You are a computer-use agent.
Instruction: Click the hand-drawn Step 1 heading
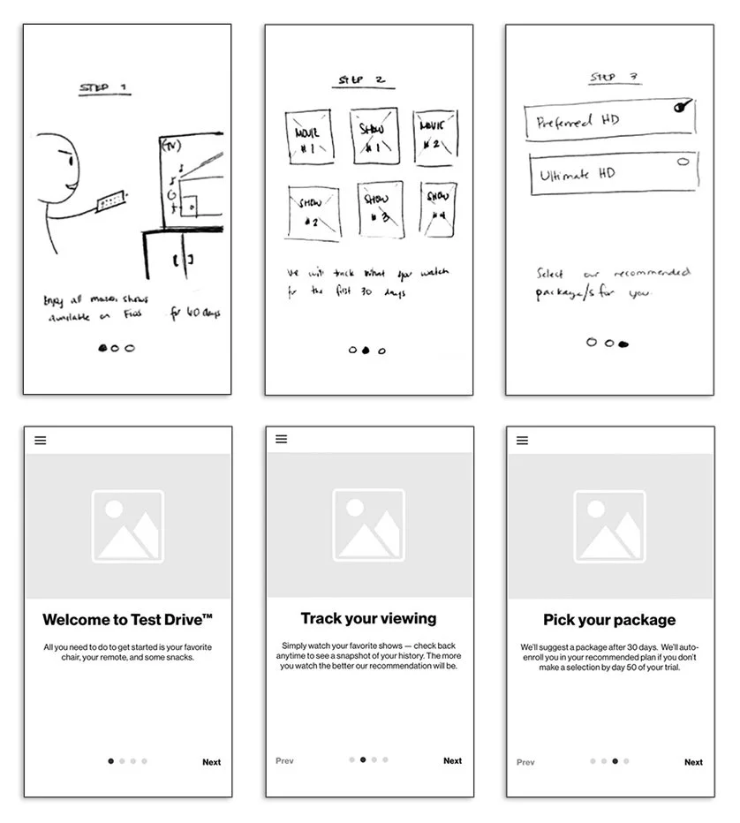103,88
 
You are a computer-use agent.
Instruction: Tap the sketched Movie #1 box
307,136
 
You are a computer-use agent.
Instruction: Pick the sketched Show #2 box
313,212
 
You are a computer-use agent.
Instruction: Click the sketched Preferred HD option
609,121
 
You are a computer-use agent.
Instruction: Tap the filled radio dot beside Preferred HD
680,107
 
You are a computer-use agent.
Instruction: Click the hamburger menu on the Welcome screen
41,441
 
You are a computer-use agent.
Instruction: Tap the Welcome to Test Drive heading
127,619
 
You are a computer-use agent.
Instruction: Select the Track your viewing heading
368,618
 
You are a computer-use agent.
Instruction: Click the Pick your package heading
609,620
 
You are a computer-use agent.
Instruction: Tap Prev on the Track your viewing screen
284,760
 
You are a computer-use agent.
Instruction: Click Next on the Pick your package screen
693,762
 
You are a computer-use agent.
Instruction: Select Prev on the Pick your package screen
525,762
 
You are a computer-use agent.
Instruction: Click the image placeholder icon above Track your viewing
368,525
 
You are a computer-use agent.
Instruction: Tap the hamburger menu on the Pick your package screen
522,441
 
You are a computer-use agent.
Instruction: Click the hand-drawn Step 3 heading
615,79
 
